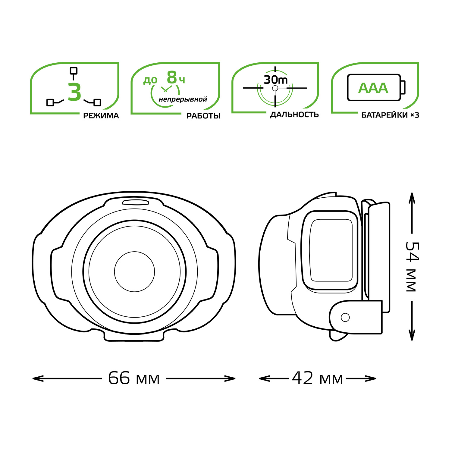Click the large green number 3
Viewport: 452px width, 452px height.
point(74,92)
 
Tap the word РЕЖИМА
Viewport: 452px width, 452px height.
point(101,116)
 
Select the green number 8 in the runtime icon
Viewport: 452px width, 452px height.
point(172,78)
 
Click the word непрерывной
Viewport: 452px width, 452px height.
point(183,99)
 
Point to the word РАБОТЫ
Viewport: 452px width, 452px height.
point(203,116)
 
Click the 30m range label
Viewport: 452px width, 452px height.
point(276,80)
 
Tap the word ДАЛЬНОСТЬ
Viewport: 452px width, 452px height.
point(294,115)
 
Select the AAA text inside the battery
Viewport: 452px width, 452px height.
point(373,88)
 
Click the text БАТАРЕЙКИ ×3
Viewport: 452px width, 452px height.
point(390,115)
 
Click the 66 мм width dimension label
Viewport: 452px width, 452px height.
point(134,378)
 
